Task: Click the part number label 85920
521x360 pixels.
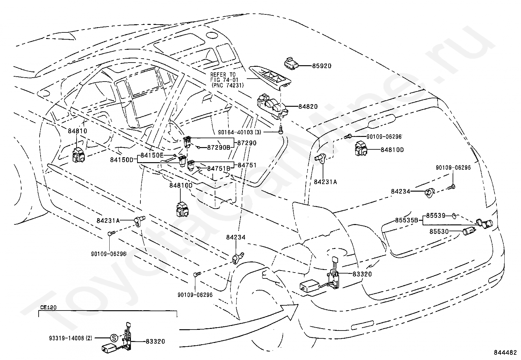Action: click(321, 66)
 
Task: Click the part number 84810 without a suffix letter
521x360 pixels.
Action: click(78, 131)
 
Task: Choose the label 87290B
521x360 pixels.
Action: click(219, 148)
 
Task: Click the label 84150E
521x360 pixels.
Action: click(152, 155)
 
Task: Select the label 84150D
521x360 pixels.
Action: click(122, 160)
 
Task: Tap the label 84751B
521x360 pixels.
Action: click(219, 168)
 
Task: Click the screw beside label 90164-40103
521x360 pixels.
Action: click(280, 131)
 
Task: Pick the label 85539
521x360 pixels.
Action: click(436, 216)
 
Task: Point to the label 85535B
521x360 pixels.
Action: click(406, 220)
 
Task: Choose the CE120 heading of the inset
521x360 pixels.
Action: click(48, 308)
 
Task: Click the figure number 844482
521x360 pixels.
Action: click(505, 353)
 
